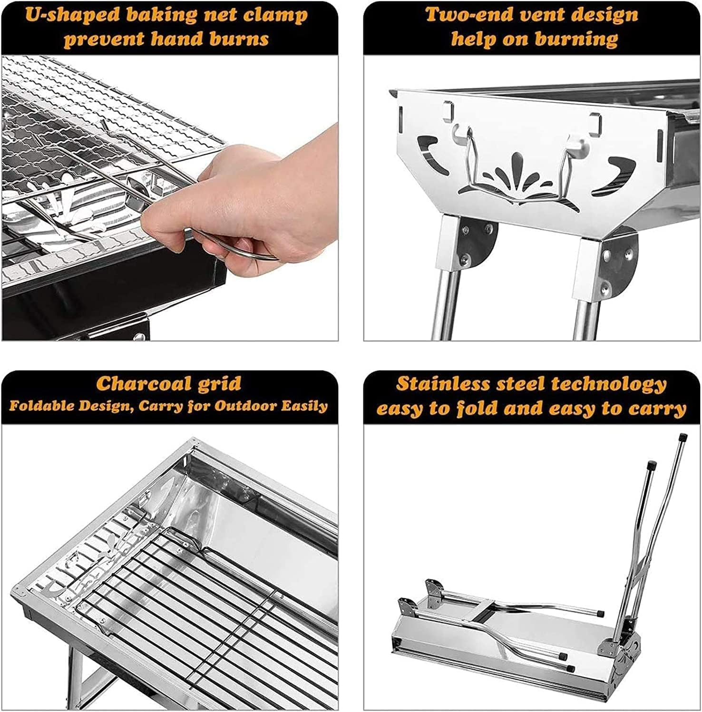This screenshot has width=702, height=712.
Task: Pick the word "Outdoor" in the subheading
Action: [245, 406]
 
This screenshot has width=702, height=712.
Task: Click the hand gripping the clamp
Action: [266, 200]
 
